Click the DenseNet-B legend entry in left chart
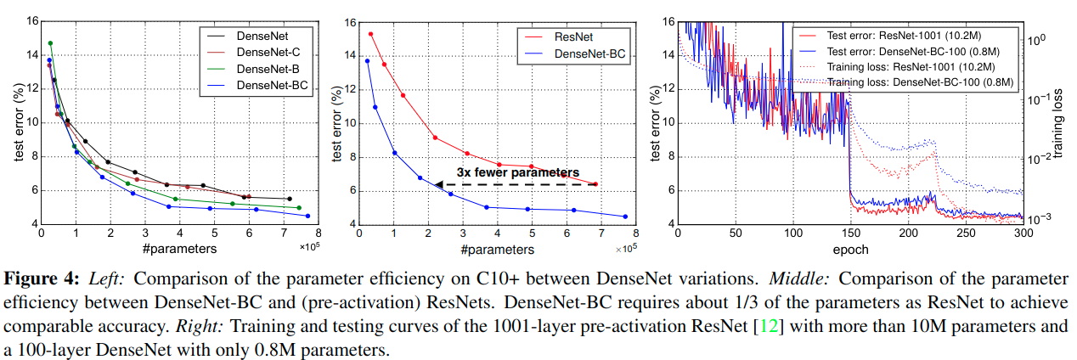pyautogui.click(x=268, y=69)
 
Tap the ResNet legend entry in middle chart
pyautogui.click(x=574, y=37)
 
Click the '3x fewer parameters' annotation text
pyautogui.click(x=517, y=172)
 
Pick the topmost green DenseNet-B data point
pyautogui.click(x=50, y=43)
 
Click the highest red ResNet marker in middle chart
pyautogui.click(x=370, y=34)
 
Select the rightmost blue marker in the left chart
pyautogui.click(x=307, y=216)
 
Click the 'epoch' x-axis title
pyautogui.click(x=851, y=250)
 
